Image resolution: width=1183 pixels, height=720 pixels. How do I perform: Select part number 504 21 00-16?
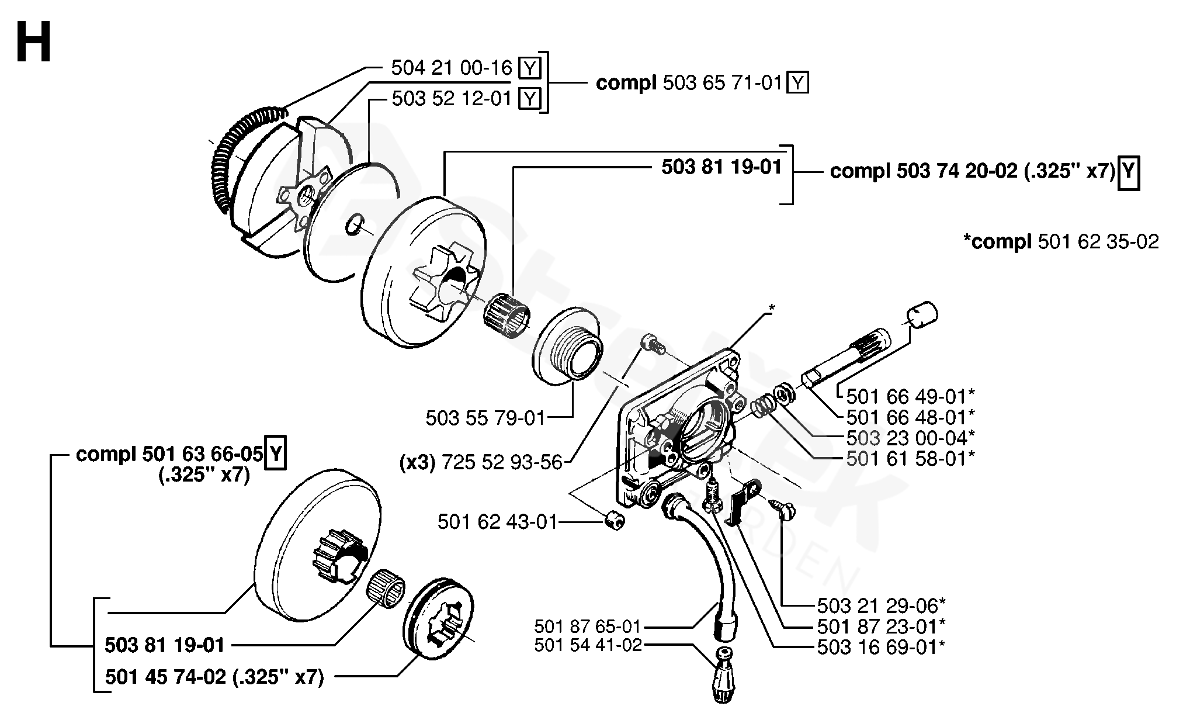(x=452, y=68)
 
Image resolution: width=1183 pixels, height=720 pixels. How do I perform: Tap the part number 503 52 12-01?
(x=452, y=98)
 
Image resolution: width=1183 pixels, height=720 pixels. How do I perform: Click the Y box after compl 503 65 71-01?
(x=797, y=84)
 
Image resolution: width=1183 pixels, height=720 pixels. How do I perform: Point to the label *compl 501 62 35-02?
(x=1060, y=241)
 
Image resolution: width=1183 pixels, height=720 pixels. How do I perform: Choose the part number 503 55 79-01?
(x=485, y=418)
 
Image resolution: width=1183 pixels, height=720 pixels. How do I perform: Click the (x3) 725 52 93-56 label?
(x=481, y=463)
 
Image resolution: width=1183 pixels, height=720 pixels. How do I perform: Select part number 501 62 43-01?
(x=498, y=521)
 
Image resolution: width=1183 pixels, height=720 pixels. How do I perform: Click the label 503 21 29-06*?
(x=882, y=605)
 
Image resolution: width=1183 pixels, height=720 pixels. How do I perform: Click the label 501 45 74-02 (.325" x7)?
(x=214, y=677)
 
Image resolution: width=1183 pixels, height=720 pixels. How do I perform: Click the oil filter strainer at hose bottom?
(x=725, y=677)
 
